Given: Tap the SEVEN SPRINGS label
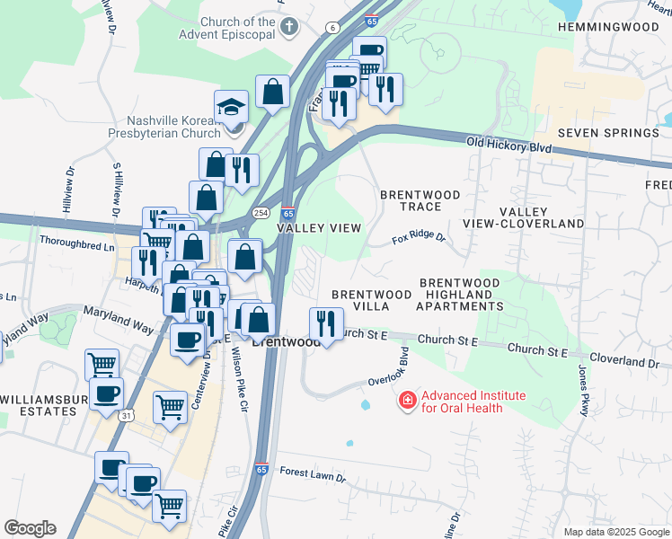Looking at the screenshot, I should tap(608, 133).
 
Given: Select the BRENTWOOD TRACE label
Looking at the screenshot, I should tap(420, 200).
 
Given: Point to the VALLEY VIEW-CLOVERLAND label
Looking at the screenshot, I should tap(523, 216).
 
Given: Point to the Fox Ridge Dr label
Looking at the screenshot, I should tap(419, 240).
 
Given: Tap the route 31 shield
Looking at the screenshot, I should tap(127, 415).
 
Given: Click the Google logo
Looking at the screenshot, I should tap(30, 528).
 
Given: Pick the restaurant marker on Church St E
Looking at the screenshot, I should tap(325, 323).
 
